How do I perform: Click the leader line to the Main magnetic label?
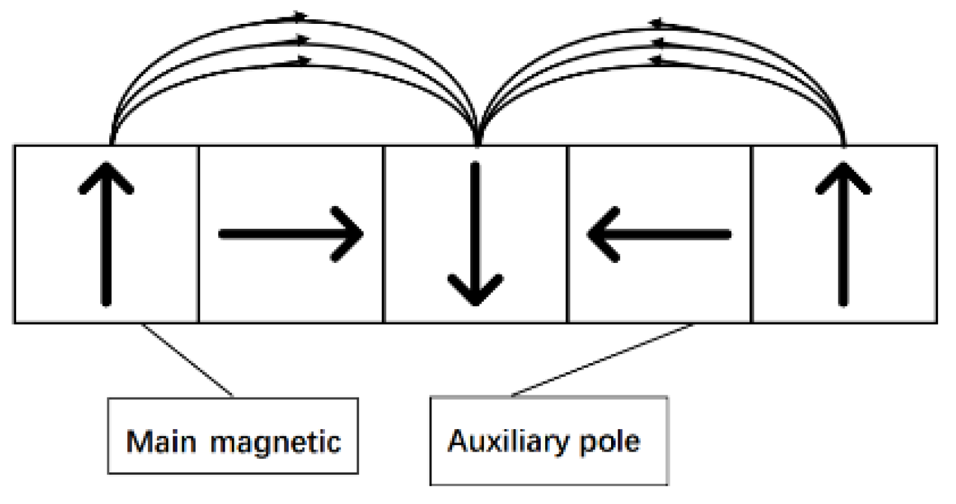[187, 359]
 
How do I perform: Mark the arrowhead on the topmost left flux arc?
[300, 14]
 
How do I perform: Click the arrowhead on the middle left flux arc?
[301, 39]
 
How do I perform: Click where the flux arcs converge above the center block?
[477, 137]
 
